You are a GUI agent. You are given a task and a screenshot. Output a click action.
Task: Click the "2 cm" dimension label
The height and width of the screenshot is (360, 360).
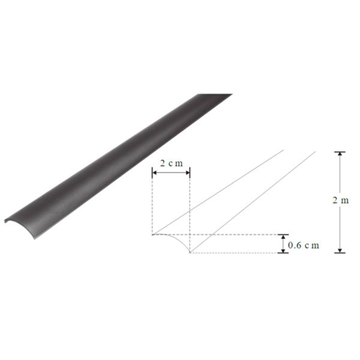[171, 163]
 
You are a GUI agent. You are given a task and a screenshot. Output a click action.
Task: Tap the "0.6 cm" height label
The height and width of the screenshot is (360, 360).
[303, 246]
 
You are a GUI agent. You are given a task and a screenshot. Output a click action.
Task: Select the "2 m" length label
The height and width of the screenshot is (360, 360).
[340, 201]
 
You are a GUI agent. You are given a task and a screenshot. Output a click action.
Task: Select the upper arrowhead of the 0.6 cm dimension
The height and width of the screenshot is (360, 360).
[283, 237]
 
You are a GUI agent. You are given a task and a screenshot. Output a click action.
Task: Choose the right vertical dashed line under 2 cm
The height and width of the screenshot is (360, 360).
[190, 209]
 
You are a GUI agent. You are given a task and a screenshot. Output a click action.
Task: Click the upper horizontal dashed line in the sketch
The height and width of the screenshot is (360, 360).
[234, 235]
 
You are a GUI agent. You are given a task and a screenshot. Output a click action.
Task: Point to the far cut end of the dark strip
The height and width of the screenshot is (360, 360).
[214, 95]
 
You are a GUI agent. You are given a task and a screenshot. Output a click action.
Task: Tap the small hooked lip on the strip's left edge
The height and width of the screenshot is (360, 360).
[6, 220]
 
